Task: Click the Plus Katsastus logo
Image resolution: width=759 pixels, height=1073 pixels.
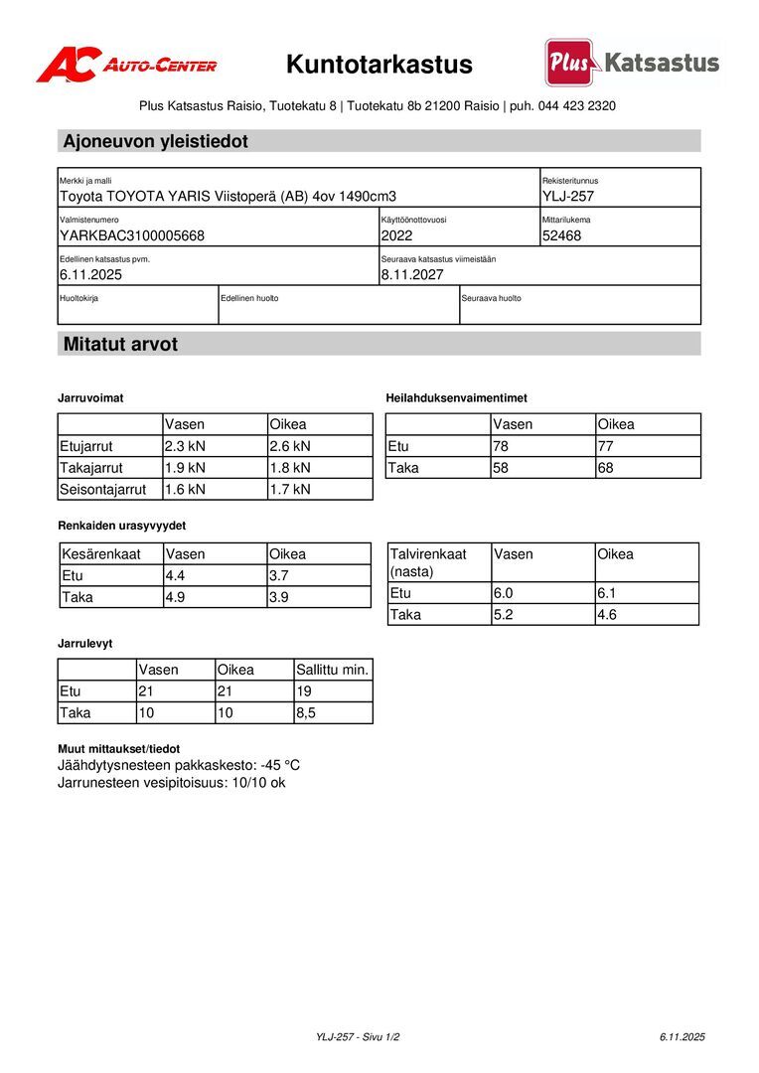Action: (632, 64)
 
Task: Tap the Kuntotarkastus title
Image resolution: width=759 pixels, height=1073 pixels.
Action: (379, 66)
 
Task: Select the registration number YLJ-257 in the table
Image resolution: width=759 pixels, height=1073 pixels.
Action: (568, 197)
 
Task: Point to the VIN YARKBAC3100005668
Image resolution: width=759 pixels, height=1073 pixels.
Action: (132, 235)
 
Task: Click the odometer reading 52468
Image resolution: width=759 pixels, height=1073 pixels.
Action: (562, 235)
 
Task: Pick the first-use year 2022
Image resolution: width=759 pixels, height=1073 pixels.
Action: (396, 235)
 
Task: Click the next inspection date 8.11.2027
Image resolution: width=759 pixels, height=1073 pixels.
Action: (412, 274)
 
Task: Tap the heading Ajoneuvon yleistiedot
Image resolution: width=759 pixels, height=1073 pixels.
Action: (156, 141)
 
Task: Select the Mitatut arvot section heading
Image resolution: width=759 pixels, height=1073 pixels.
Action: (120, 345)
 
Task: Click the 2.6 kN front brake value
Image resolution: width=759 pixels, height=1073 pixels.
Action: (290, 446)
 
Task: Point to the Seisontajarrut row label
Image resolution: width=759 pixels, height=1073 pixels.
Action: (103, 489)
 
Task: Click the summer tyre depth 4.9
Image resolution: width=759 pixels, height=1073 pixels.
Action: (176, 597)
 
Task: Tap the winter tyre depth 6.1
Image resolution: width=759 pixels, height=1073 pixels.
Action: (607, 593)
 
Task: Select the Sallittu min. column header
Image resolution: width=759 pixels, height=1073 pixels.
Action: (333, 670)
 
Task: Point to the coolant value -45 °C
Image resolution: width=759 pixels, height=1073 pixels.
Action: (280, 766)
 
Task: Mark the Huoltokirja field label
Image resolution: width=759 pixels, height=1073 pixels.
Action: (78, 298)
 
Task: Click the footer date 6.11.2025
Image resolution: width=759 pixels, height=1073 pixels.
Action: (682, 1037)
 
